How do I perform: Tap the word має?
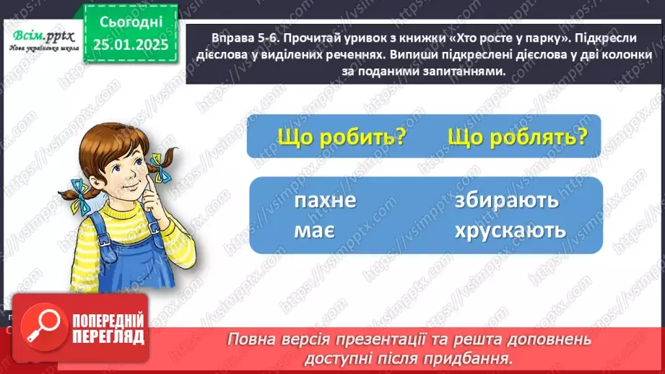pos(313,230)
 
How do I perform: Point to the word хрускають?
pos(510,230)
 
